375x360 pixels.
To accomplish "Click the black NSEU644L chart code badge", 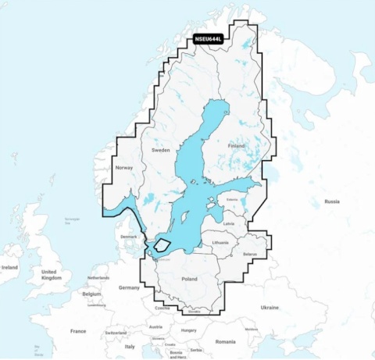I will (208, 38).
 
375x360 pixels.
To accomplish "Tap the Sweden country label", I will (160, 149).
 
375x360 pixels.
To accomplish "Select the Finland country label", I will (235, 146).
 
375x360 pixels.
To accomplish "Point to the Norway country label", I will (124, 168).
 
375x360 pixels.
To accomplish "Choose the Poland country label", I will (188, 278).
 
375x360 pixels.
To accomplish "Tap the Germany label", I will (129, 287).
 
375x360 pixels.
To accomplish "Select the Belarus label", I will (250, 255).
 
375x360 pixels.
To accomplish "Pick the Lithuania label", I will (220, 243).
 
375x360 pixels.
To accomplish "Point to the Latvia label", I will (228, 223).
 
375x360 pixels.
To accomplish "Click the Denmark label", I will (127, 237).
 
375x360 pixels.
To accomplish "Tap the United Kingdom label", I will (51, 274).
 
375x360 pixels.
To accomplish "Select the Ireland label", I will (9, 267).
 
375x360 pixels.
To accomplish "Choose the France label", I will (78, 331).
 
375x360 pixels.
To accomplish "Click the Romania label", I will (225, 341).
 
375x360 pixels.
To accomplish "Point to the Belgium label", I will (91, 294).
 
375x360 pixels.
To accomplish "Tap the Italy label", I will (130, 346).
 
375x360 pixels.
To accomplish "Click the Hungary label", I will (187, 330).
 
